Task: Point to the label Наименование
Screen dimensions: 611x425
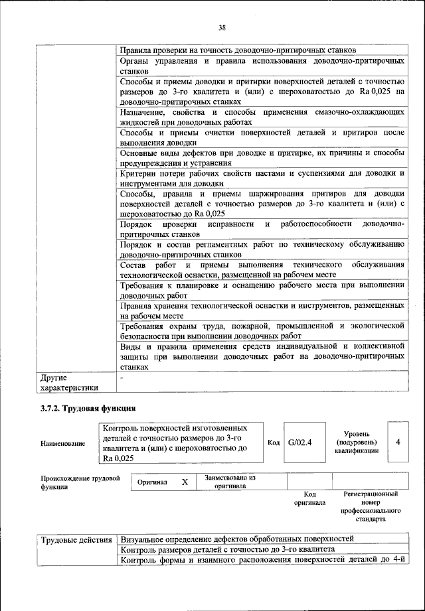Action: [x=63, y=443]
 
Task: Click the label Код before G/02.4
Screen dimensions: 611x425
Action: [x=274, y=442]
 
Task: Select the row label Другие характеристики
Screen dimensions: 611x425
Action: [x=70, y=383]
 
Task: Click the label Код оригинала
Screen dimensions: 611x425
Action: [x=309, y=498]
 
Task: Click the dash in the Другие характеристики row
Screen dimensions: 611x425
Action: [x=122, y=378]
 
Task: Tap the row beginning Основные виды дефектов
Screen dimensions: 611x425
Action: [x=262, y=158]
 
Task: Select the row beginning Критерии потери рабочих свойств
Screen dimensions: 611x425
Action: [x=262, y=178]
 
